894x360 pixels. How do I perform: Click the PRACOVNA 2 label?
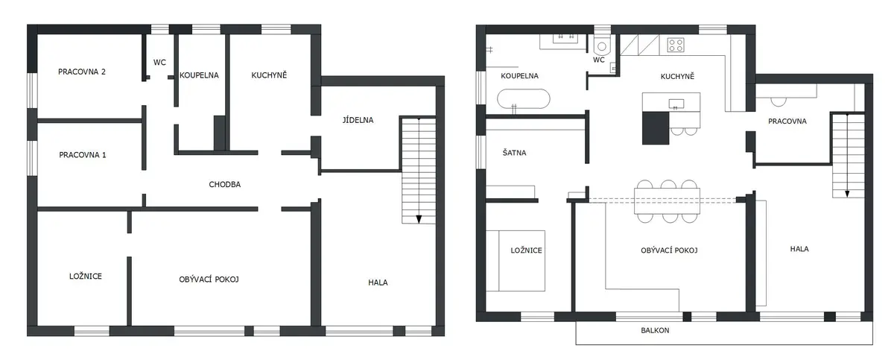(x=82, y=72)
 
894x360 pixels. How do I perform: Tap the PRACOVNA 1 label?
(x=83, y=155)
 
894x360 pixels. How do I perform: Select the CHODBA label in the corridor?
(x=225, y=184)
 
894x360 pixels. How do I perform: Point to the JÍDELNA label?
(x=358, y=120)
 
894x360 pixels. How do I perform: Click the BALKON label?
(x=655, y=330)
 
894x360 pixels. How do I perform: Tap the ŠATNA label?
(x=514, y=153)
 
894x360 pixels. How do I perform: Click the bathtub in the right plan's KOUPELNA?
(x=524, y=98)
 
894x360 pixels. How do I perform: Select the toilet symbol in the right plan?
(x=602, y=45)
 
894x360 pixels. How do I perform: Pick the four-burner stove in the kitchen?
(x=676, y=45)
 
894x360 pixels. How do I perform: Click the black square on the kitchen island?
(x=656, y=127)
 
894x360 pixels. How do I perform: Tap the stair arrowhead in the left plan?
(x=419, y=219)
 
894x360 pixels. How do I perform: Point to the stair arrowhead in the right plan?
(x=847, y=194)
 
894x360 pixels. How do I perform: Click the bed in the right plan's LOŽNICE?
(x=516, y=261)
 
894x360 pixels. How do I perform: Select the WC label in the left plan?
(x=159, y=63)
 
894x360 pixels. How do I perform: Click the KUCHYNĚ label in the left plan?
(x=269, y=75)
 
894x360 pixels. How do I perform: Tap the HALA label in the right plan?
(x=799, y=249)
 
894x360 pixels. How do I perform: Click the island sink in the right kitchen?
(x=676, y=104)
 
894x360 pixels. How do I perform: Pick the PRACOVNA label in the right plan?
(x=787, y=121)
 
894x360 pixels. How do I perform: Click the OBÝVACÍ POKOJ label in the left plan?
(x=209, y=280)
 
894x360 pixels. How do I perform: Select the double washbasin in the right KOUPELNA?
(x=565, y=38)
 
